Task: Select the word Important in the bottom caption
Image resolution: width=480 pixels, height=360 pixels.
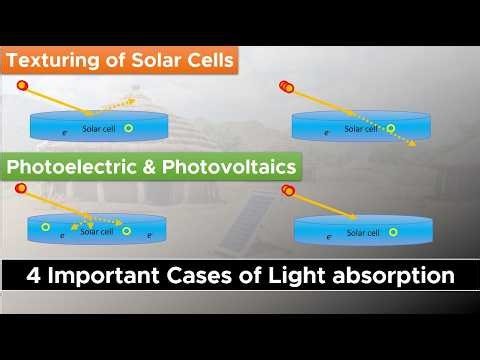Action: click(x=108, y=272)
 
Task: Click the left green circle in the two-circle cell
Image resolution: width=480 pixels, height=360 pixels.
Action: click(x=44, y=228)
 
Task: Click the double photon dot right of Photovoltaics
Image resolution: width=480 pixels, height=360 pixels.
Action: click(x=288, y=190)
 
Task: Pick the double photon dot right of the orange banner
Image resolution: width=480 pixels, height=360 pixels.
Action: click(x=287, y=87)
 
